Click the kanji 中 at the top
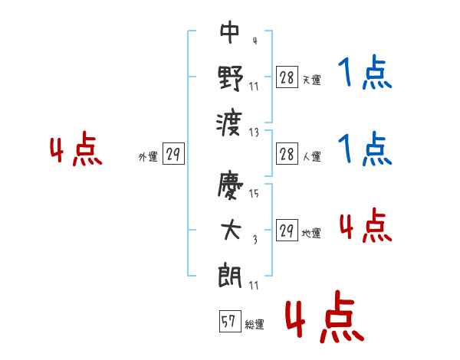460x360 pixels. coord(230,31)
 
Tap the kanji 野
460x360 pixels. coord(231,77)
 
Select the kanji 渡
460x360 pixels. coord(229,123)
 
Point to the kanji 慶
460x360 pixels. coord(230,185)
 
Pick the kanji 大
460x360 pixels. coord(231,230)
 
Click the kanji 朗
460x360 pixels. coord(230,275)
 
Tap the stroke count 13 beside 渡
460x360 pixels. coord(254,133)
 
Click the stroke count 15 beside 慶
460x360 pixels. coord(254,193)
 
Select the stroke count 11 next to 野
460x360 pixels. coord(254,87)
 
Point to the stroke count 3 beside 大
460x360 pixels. coord(255,240)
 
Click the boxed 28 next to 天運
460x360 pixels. coord(287,77)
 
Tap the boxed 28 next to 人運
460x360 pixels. coord(287,153)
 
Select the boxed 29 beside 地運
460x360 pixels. coord(287,230)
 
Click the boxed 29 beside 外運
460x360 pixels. coord(173,153)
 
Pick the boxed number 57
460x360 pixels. coord(230,321)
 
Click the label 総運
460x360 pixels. coord(255,325)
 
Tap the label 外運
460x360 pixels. coord(148,157)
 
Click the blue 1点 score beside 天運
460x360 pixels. coord(365,73)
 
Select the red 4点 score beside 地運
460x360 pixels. coord(366,225)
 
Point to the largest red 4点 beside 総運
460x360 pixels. coord(325,316)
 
